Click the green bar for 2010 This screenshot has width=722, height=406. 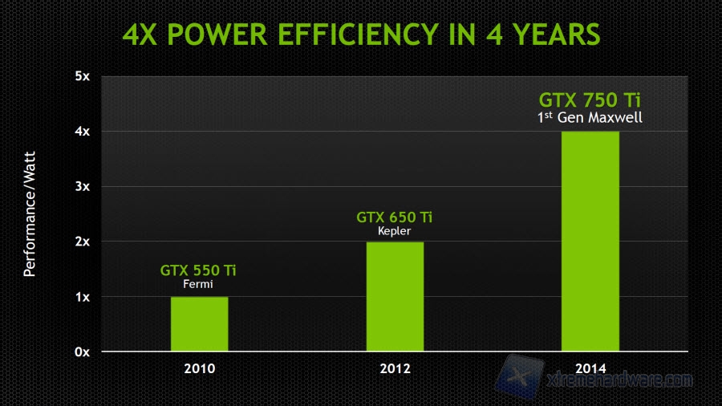coord(199,324)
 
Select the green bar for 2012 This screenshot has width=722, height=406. coord(395,297)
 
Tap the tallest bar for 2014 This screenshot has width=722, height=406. coord(590,242)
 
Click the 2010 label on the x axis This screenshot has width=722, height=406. coord(199,369)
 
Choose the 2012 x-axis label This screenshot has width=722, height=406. coord(395,369)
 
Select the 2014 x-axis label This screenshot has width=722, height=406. coord(590,369)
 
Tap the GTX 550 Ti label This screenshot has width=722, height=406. coord(198,270)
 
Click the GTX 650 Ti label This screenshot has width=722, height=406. coord(394,217)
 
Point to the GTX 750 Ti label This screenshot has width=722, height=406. coord(590,101)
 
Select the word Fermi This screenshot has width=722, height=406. coord(198,284)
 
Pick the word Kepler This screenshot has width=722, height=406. coord(394,231)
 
